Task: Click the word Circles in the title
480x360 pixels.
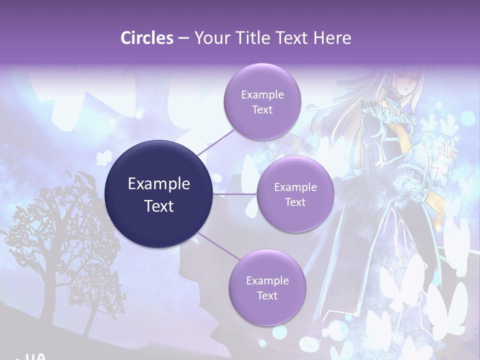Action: [146, 38]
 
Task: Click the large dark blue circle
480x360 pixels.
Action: [159, 194]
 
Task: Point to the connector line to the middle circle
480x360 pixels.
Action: [235, 194]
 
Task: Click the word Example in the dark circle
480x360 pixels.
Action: [159, 184]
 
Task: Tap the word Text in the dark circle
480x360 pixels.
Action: [159, 206]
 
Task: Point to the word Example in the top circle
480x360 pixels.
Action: [262, 95]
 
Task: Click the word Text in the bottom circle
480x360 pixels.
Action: [267, 295]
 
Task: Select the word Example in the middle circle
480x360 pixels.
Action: [295, 187]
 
